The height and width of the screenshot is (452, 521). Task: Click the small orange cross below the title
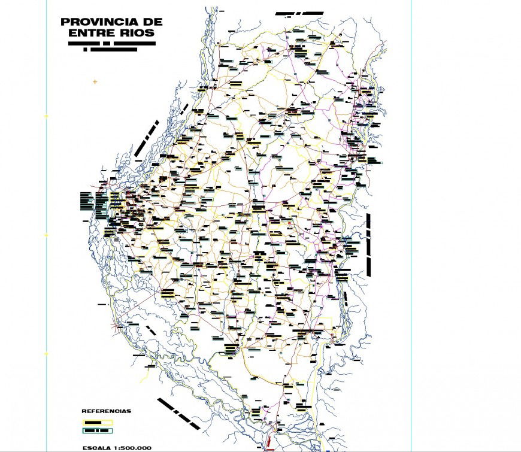click(x=95, y=81)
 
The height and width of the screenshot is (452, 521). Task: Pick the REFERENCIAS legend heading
click(x=106, y=411)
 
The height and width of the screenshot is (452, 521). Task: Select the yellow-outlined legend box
click(x=97, y=422)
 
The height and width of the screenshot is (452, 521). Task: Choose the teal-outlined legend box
click(x=97, y=430)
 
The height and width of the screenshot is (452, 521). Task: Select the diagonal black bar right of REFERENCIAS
click(x=178, y=414)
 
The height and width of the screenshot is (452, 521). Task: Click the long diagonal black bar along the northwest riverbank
click(x=147, y=138)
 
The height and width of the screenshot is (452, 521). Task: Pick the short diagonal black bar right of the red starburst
click(x=151, y=330)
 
